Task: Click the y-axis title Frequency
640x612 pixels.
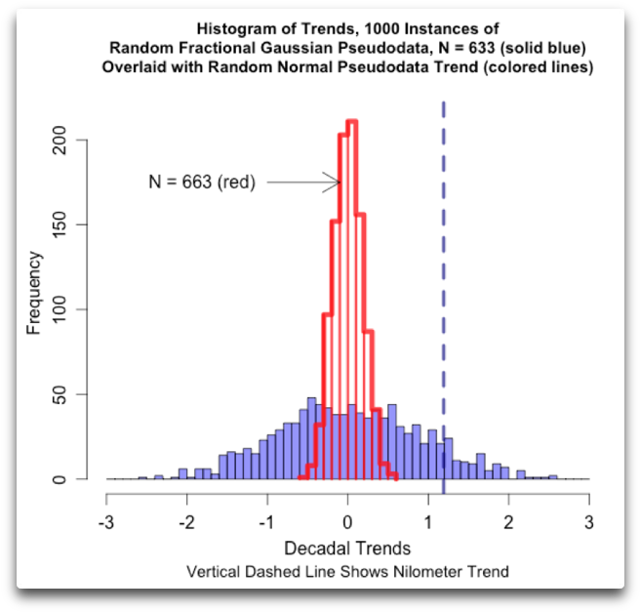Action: point(33,293)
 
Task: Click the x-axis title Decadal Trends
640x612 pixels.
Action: point(346,548)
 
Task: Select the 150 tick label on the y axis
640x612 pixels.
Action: point(60,224)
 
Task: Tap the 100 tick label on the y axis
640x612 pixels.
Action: point(60,309)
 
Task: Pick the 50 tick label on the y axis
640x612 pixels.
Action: point(60,394)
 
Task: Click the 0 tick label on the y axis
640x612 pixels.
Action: point(60,479)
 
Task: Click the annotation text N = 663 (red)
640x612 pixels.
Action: point(201,182)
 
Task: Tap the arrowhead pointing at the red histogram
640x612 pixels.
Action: point(335,182)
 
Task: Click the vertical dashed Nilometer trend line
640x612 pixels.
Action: point(444,293)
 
